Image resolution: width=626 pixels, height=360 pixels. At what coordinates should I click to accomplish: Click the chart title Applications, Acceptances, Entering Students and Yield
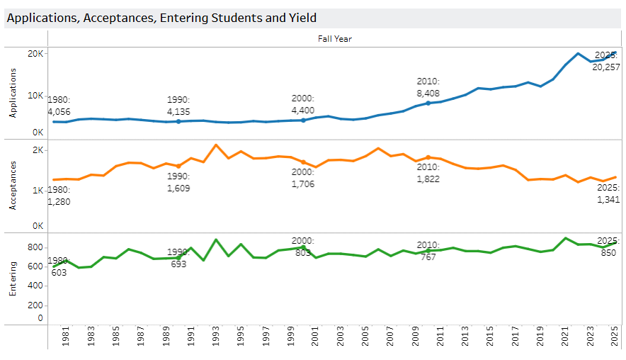coord(161,18)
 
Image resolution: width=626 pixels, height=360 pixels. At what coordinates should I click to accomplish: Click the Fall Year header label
coord(335,39)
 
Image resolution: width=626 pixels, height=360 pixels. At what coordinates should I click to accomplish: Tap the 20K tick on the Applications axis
coord(35,54)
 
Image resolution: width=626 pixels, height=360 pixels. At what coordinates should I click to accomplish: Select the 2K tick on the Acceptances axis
coord(38,150)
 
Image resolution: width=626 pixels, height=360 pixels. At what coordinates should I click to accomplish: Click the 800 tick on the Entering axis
coord(35,247)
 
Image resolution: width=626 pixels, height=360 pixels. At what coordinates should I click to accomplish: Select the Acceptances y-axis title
coord(12,187)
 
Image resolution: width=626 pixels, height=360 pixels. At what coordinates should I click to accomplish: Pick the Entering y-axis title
coord(12,279)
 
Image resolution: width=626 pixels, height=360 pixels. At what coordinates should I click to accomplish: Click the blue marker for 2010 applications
coord(428,103)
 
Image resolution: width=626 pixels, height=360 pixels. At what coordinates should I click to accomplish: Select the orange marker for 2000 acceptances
coord(303,162)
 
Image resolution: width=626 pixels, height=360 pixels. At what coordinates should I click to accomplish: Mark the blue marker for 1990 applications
coord(178,122)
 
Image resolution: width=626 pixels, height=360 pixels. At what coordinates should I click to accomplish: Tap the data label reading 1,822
coord(428,179)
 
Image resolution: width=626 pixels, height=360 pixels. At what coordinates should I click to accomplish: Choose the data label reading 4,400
coord(303,111)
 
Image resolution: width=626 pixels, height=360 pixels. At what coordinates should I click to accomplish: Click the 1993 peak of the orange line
coord(215,145)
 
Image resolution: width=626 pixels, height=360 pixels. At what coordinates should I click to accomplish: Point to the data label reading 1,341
coord(607,199)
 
